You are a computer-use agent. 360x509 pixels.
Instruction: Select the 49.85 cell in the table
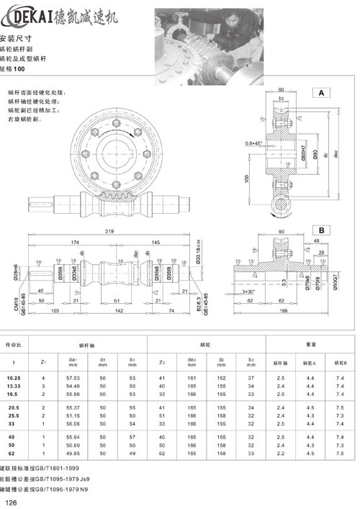[73, 454]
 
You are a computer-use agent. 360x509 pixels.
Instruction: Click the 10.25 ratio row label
[14, 377]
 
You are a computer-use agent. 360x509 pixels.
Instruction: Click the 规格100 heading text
[13, 69]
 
